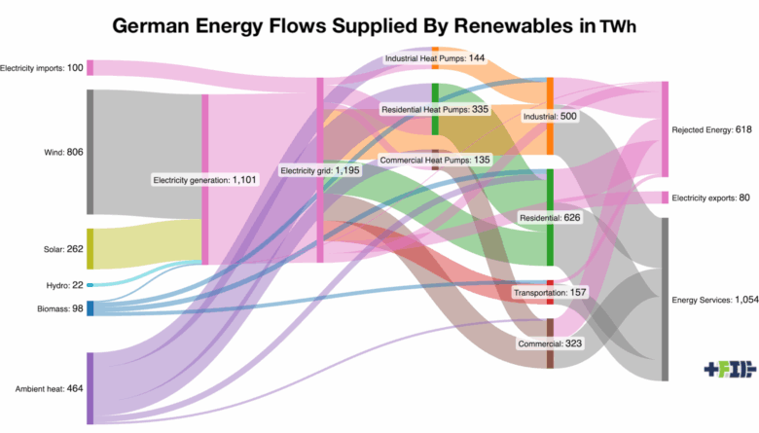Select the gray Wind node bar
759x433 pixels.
point(90,152)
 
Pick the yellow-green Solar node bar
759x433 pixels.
point(90,249)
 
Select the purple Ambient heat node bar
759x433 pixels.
point(90,388)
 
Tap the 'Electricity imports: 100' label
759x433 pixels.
point(42,68)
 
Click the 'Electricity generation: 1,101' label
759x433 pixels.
point(205,180)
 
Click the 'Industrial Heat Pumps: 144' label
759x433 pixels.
point(435,58)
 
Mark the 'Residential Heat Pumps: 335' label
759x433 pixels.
point(435,110)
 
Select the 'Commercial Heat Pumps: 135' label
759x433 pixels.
point(435,160)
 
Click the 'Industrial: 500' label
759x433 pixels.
point(550,116)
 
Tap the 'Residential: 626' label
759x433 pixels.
point(550,217)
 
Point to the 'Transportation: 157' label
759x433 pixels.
point(550,292)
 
